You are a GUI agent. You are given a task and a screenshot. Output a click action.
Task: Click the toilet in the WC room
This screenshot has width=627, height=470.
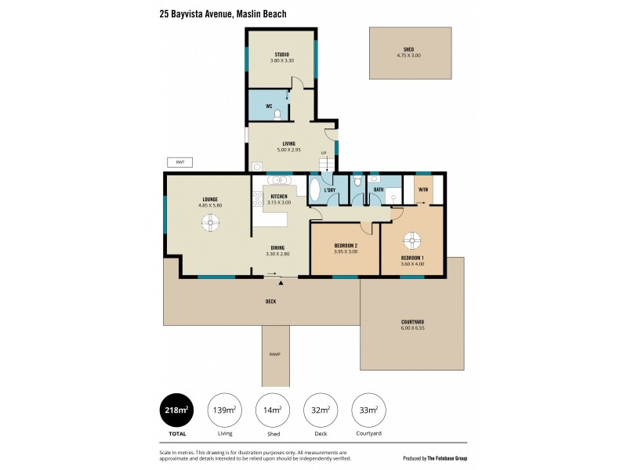pos(278,114)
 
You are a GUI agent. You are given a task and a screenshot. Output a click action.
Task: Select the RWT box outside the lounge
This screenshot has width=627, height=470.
pos(179,162)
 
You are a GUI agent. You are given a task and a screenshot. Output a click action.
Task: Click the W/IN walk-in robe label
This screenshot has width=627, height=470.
pos(423,190)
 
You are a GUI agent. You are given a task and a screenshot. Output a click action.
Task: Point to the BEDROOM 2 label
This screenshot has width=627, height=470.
pos(345,246)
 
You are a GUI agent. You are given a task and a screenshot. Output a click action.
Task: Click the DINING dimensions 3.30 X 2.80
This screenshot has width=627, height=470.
pos(278,254)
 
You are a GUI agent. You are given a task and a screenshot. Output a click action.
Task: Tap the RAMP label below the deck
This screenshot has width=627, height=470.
pos(274,355)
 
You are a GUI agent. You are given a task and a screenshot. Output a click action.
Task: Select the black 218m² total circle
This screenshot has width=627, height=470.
pos(176,410)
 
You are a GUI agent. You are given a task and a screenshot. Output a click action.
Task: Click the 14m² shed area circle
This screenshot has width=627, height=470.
pos(272,410)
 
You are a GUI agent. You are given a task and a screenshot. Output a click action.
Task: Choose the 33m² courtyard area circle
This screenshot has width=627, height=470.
pos(368,410)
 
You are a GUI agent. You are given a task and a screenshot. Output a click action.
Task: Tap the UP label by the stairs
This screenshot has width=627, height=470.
pos(322,152)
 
